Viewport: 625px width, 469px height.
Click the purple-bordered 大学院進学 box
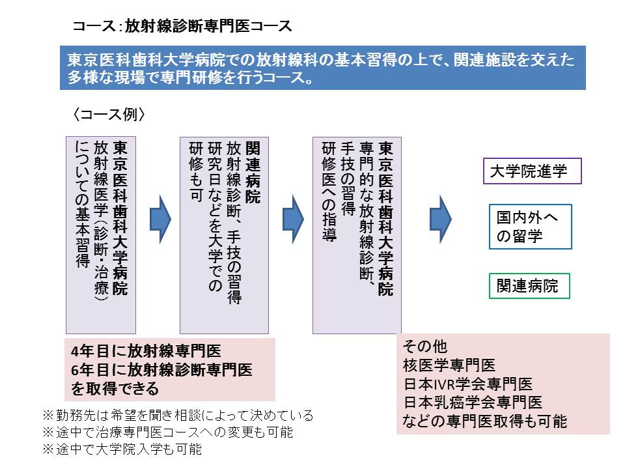[x=532, y=171]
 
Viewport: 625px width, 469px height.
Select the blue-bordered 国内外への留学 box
[x=530, y=227]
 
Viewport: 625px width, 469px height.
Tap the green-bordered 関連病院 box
[x=529, y=285]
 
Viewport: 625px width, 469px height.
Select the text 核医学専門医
[x=449, y=365]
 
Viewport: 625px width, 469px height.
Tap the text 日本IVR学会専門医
[x=467, y=384]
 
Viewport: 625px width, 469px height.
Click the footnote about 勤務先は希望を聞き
[x=178, y=415]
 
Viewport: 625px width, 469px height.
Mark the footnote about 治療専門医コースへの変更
[x=167, y=432]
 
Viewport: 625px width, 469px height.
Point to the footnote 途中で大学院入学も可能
[x=122, y=449]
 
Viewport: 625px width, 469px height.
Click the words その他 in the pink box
[x=424, y=346]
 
